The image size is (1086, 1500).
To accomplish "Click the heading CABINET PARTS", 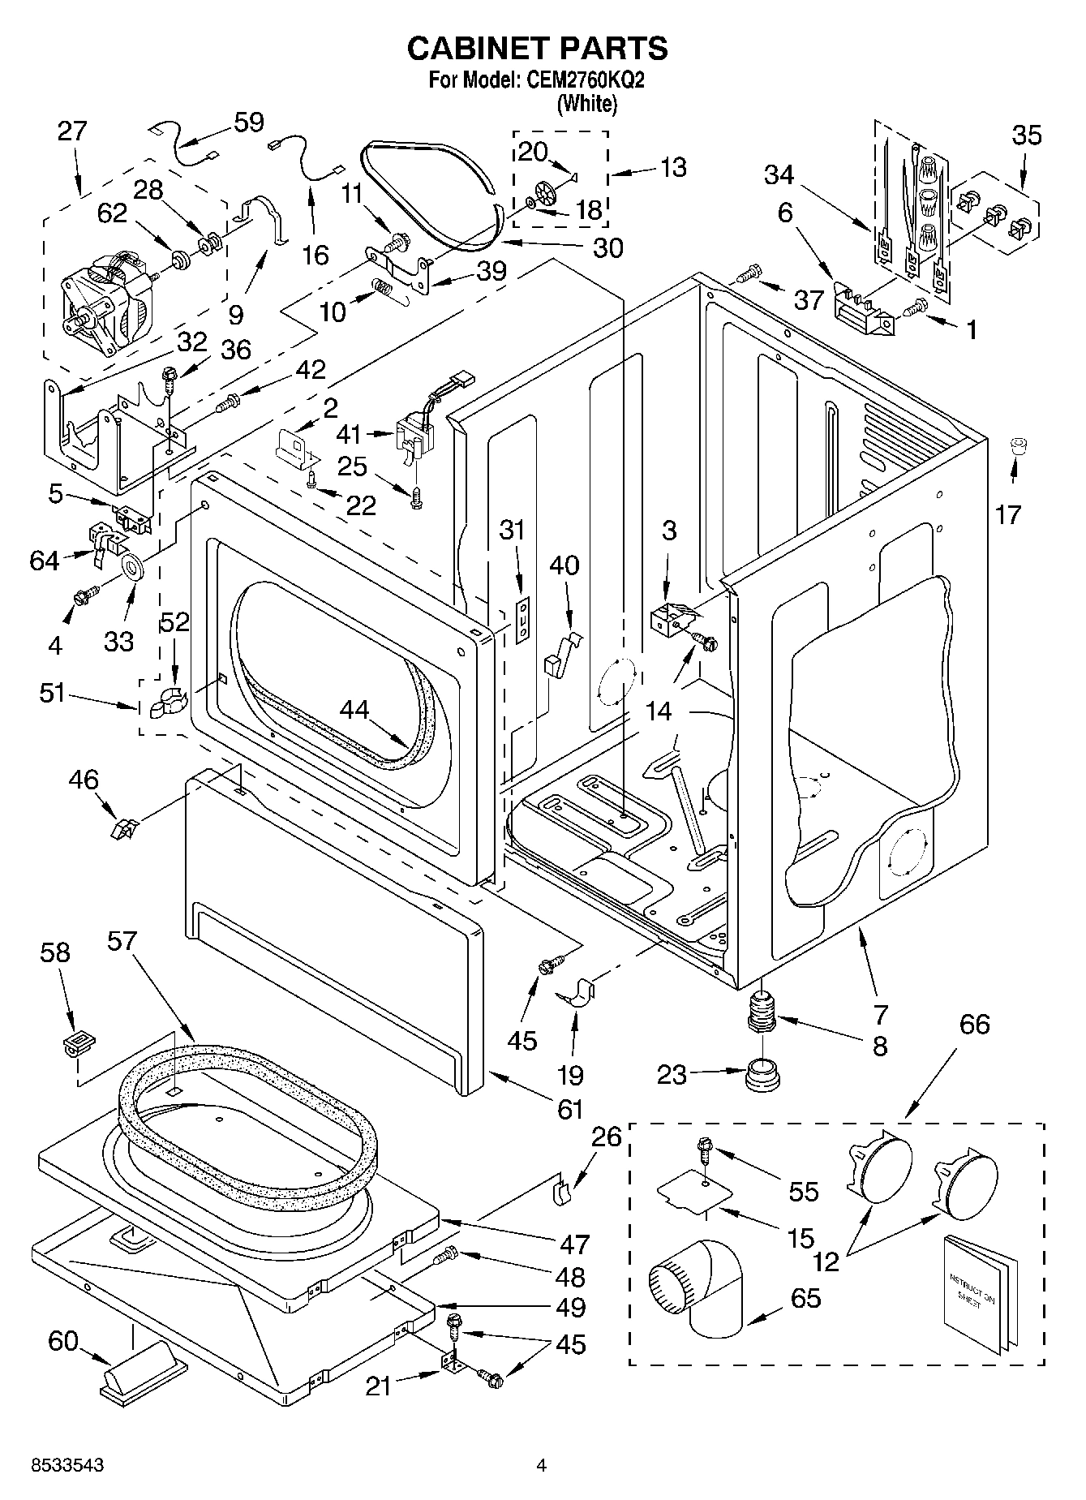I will click(537, 49).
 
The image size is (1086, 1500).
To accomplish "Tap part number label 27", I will click(72, 131).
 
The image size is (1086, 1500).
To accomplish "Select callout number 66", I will click(974, 1024).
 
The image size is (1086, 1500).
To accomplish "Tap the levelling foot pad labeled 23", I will click(762, 1076).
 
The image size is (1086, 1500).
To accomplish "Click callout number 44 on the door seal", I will click(354, 709).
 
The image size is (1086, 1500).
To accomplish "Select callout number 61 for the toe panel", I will click(570, 1108).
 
